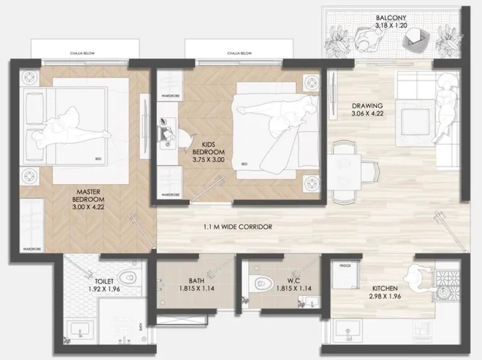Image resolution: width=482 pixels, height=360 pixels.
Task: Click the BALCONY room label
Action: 391,18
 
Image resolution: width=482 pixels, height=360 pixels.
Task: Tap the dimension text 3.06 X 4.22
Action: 368,113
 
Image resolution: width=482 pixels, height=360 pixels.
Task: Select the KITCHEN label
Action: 385,288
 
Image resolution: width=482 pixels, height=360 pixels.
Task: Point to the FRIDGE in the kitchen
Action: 345,274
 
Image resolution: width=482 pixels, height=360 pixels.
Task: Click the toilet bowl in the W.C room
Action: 261,283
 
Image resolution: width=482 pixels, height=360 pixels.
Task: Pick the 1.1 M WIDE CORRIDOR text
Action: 238,227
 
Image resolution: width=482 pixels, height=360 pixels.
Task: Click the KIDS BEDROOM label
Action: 208,148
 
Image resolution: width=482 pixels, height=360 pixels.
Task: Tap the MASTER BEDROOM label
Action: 88,196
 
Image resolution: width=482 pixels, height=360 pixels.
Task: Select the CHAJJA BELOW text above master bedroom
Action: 82,53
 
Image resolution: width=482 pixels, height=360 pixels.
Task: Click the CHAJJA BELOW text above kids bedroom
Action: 239,53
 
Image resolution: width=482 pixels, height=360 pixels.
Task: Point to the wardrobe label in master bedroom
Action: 32,249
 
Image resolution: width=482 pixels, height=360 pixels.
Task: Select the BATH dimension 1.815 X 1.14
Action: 197,288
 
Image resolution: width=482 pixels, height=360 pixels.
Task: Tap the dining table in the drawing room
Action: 344,172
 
